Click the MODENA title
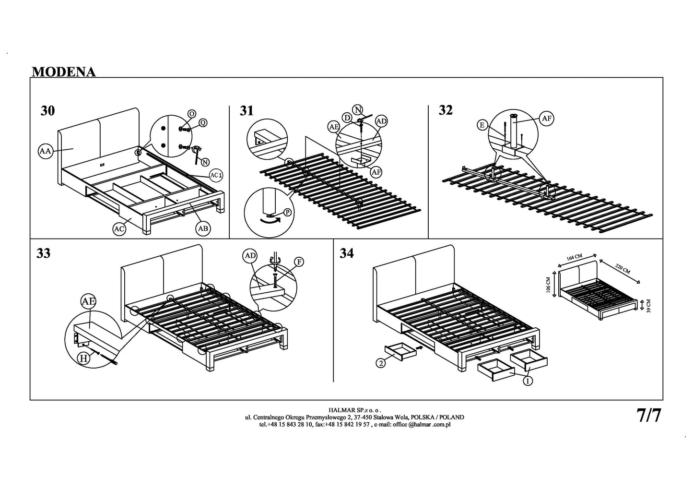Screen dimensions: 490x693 [x=63, y=72]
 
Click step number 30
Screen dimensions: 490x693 [x=47, y=111]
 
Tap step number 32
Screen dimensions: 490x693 [x=446, y=110]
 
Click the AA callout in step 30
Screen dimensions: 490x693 [x=45, y=152]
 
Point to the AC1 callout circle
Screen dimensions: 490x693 [x=216, y=175]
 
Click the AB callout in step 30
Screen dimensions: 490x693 [x=203, y=229]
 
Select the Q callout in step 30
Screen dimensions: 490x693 [x=202, y=123]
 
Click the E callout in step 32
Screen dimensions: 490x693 [x=482, y=126]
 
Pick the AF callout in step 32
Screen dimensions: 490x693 [x=546, y=118]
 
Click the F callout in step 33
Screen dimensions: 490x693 [x=299, y=262]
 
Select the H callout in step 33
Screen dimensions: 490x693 [x=84, y=359]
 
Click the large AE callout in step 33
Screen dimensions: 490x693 [x=88, y=302]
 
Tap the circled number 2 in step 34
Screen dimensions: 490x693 [x=381, y=363]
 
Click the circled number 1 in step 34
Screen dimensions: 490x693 [x=528, y=381]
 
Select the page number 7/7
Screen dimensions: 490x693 [x=649, y=415]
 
